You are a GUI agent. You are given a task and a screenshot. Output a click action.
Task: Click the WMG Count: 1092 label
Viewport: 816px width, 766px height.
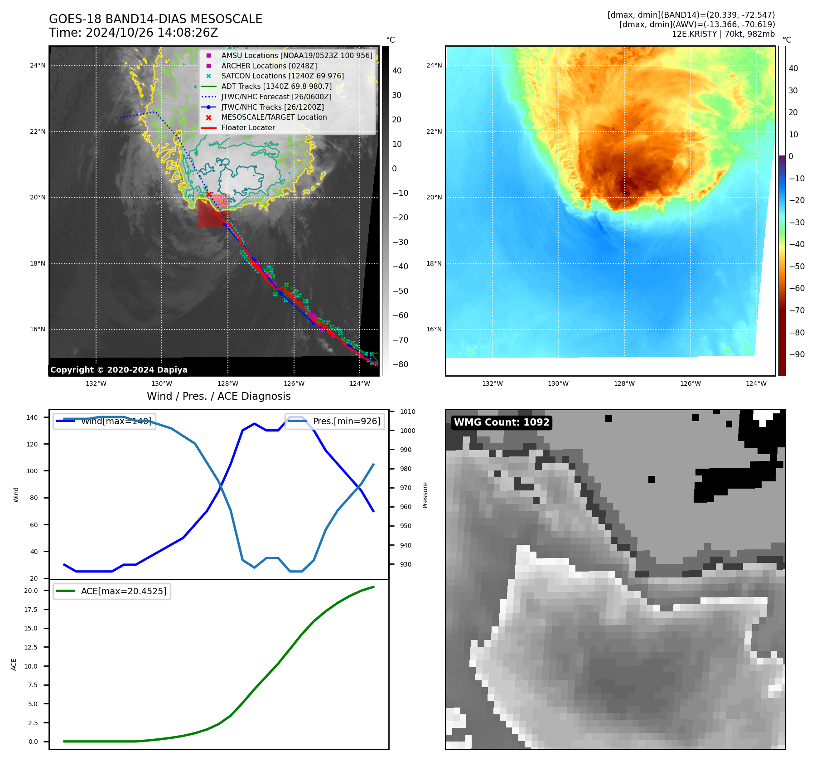click(502, 422)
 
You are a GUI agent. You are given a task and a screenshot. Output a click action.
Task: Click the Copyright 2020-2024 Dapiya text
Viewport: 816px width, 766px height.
click(119, 370)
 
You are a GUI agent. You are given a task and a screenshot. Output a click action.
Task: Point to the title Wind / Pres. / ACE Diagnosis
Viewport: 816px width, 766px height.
click(218, 396)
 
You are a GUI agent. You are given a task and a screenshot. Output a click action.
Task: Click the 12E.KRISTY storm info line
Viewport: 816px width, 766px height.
click(723, 34)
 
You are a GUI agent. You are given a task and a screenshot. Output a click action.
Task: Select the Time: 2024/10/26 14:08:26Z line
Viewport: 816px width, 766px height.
click(133, 33)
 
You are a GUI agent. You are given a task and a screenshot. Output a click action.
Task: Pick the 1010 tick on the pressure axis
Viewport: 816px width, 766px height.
click(407, 412)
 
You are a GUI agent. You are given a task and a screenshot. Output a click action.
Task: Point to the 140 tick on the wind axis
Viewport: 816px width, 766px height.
click(32, 417)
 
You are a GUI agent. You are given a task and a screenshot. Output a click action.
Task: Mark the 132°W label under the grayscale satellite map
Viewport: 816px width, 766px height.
click(96, 383)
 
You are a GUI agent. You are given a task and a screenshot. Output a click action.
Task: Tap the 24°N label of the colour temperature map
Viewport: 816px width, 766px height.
click(434, 65)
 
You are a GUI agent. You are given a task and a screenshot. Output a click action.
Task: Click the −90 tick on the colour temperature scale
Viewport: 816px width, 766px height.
click(797, 354)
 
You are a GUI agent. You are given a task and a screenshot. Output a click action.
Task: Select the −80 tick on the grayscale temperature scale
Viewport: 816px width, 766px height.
click(400, 364)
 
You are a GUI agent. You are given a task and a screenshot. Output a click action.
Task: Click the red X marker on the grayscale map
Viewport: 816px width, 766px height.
click(209, 194)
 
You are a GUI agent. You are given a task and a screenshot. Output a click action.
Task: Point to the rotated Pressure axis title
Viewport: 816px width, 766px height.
click(425, 495)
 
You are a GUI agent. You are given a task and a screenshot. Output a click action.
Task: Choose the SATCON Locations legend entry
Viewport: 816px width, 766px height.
click(282, 76)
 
